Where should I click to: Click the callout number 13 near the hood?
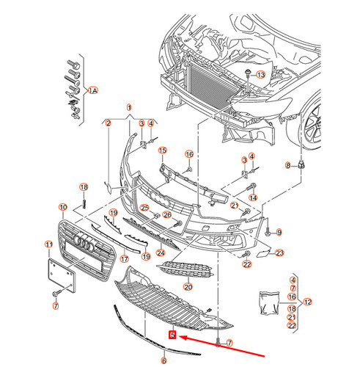pos(262,76)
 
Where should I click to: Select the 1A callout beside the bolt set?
pos(92,91)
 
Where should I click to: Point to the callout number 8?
pos(288,165)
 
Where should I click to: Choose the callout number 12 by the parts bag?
pos(308,301)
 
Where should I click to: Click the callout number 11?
pos(48,244)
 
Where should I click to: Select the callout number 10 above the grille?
pos(63,208)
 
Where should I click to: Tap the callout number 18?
pos(84,187)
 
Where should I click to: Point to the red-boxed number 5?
pos(172,335)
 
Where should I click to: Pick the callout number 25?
pos(145,208)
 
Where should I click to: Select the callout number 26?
pos(167,214)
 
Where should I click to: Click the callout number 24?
pos(161,252)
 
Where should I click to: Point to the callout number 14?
pos(253,197)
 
